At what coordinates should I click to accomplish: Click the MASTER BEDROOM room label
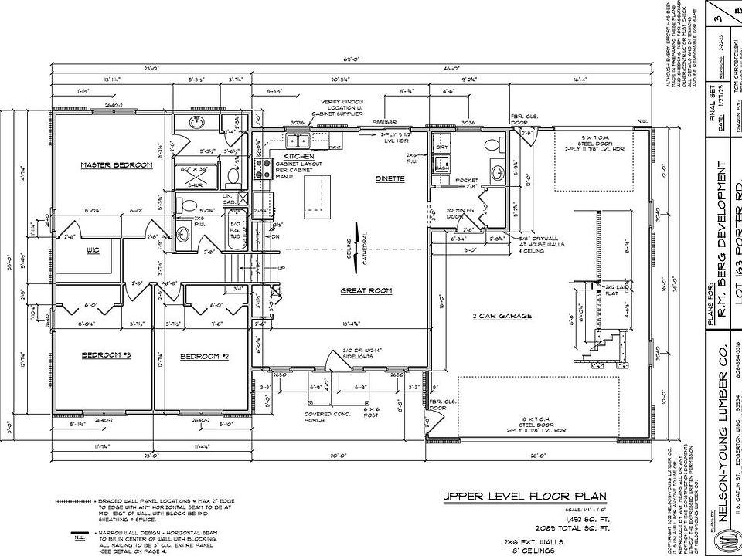[117, 164]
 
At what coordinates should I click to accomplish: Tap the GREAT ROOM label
[366, 291]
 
